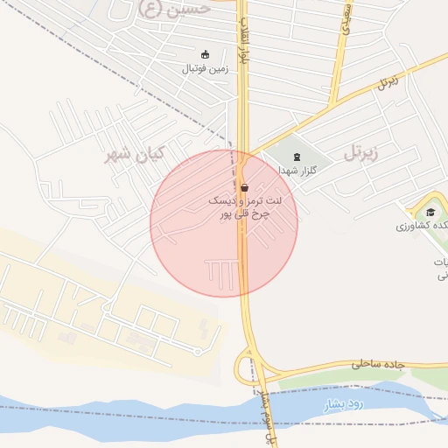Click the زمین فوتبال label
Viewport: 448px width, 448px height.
point(205,68)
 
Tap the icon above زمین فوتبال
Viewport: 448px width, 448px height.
point(206,54)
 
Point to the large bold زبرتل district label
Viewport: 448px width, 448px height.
point(366,154)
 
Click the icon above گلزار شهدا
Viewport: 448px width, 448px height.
point(297,157)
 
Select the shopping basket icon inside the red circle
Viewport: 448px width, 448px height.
point(244,186)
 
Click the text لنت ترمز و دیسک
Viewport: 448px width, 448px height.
point(239,200)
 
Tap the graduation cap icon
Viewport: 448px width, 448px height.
point(430,212)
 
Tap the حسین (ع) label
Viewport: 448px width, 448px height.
point(175,9)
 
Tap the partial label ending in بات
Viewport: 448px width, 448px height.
point(441,262)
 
